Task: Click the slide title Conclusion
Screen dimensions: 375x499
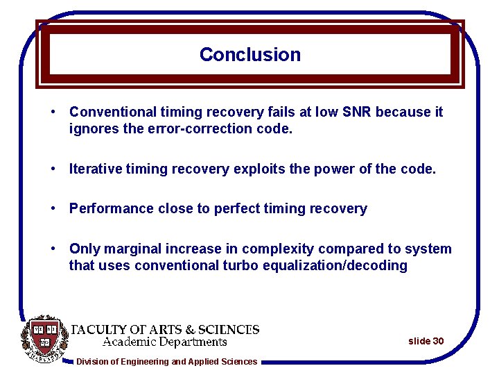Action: coord(249,55)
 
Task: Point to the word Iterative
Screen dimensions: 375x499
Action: coord(96,169)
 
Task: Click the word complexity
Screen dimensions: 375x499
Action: coord(259,249)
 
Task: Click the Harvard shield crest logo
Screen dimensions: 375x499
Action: coord(45,339)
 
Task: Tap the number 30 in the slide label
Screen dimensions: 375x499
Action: coord(438,341)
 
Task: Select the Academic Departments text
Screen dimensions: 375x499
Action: coord(165,342)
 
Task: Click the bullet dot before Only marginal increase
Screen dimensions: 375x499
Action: coord(53,249)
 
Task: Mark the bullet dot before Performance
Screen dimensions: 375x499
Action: coord(53,209)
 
